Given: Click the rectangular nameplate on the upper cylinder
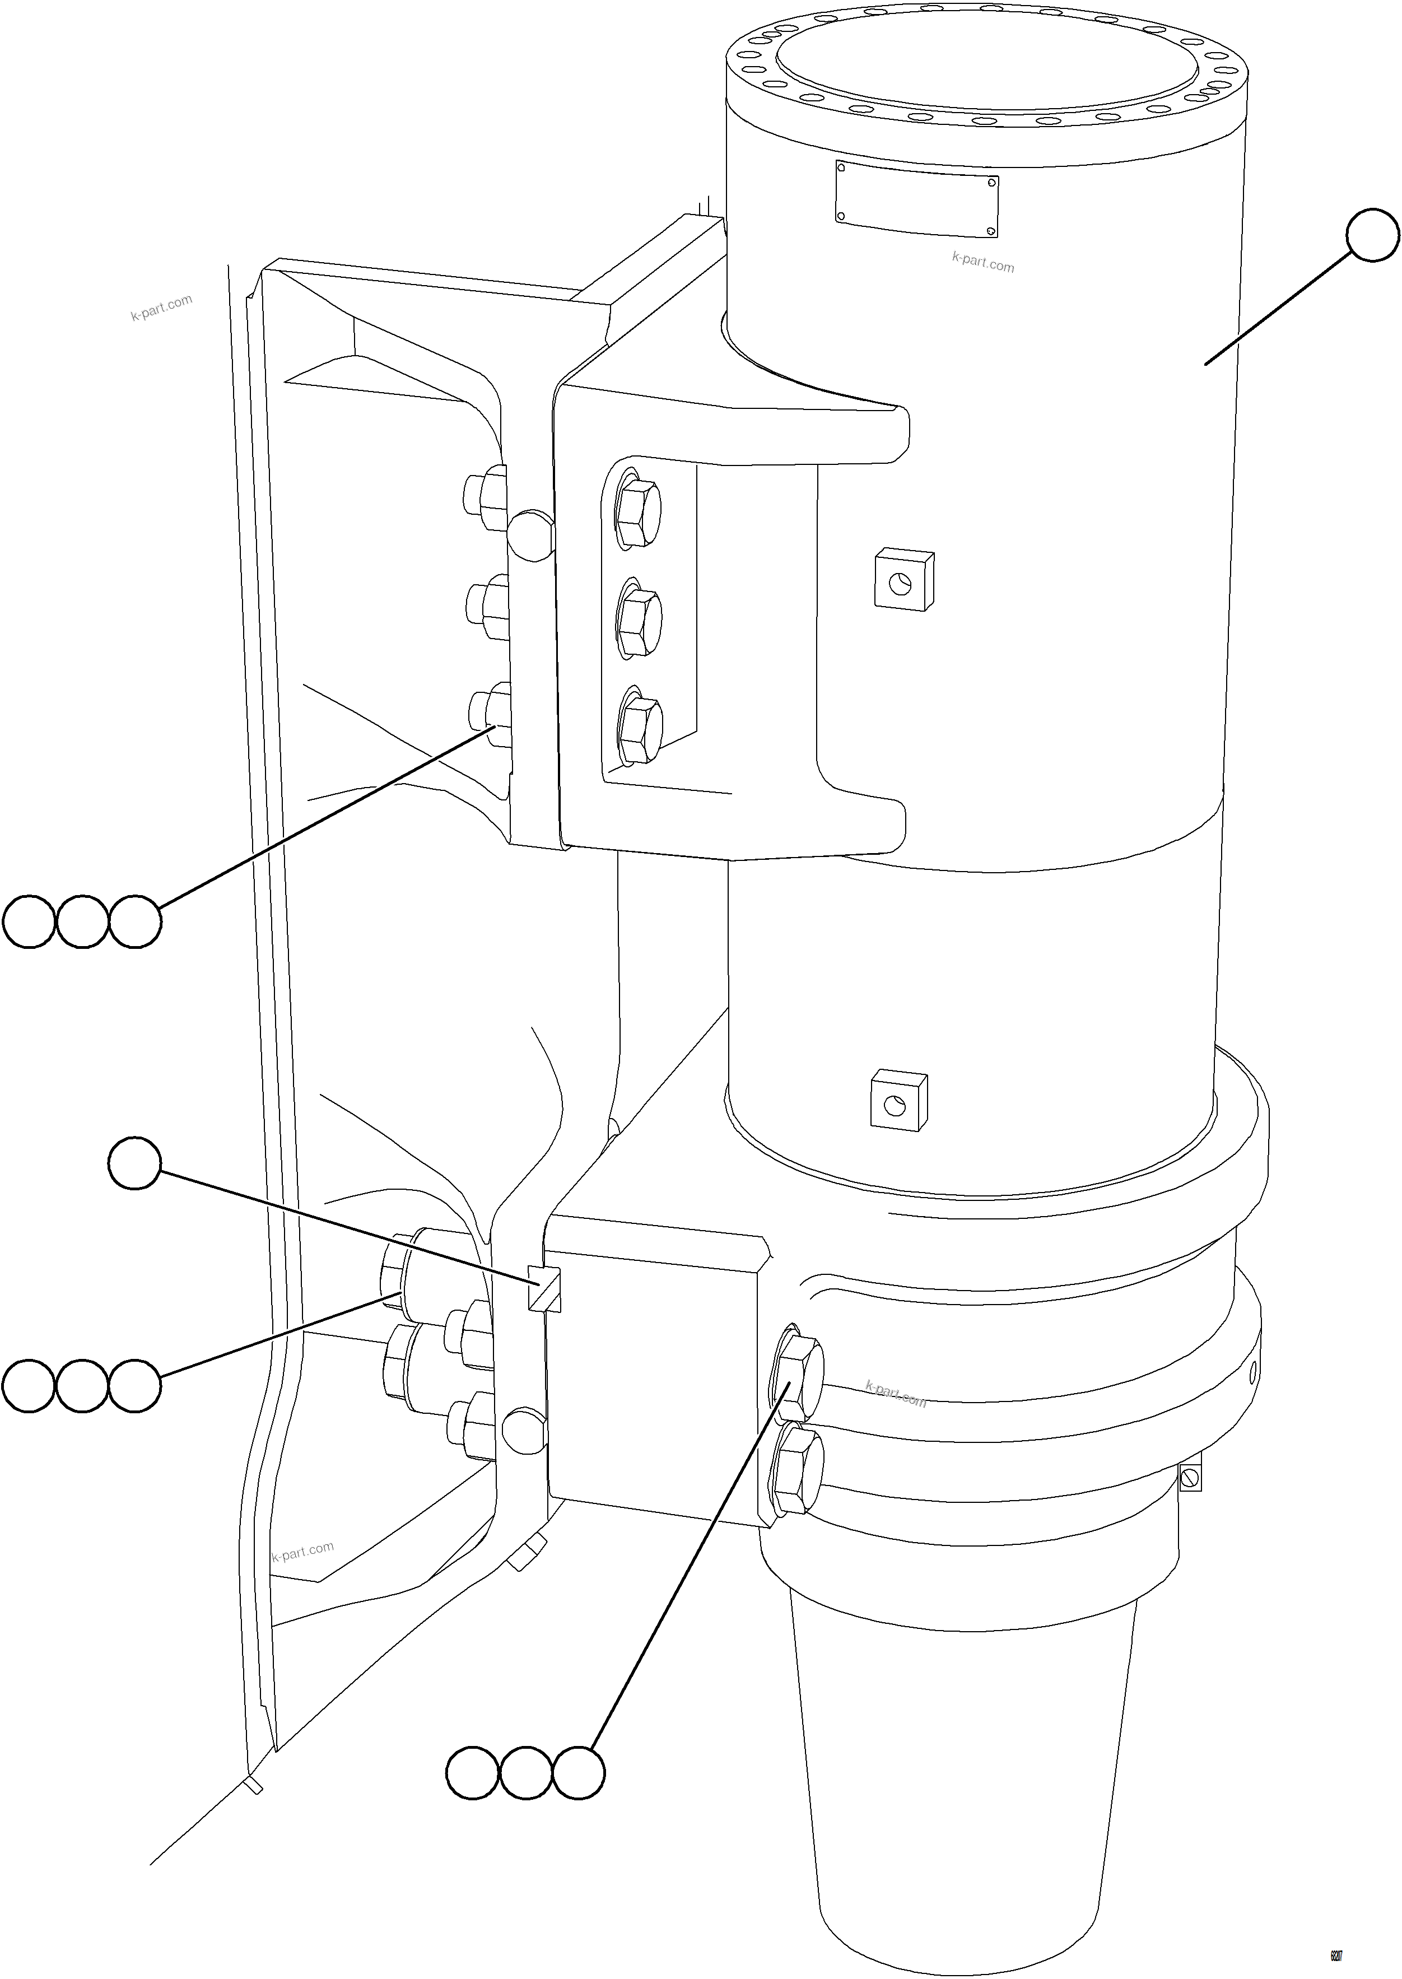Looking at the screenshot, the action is tap(917, 199).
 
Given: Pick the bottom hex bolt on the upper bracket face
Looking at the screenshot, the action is tap(641, 730).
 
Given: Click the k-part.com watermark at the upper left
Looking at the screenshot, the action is tap(161, 308).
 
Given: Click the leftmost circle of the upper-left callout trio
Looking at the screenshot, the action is tap(29, 922).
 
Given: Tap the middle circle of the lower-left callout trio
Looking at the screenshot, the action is tap(82, 1386).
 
